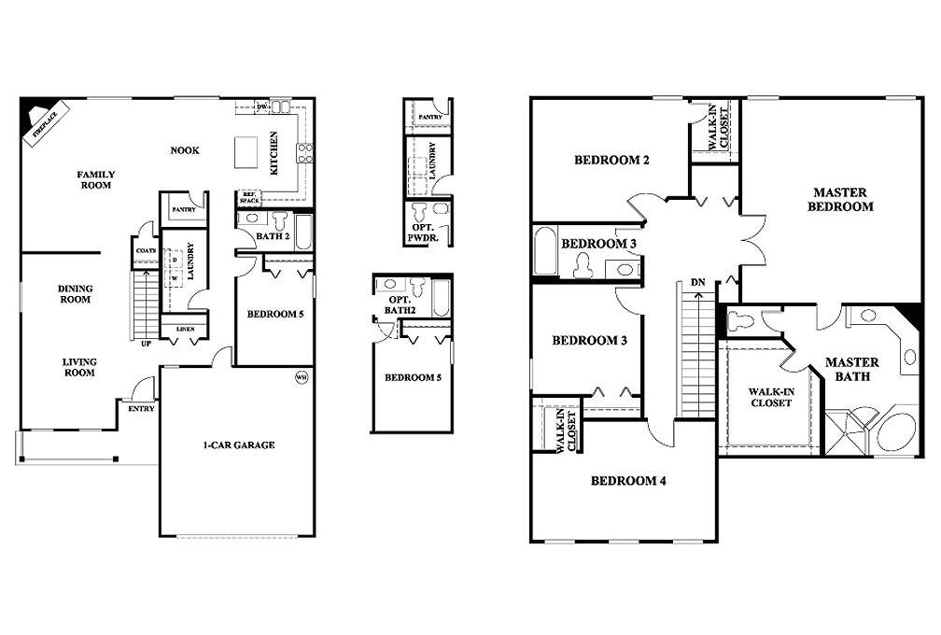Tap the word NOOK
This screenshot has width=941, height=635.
(185, 150)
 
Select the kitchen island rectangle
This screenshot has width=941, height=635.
(246, 150)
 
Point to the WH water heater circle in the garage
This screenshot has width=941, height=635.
(301, 377)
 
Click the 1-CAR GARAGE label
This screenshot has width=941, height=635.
(239, 445)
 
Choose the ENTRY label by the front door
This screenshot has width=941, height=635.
(142, 408)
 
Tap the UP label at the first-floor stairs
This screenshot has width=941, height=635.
(146, 343)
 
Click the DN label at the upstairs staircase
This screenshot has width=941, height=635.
(698, 281)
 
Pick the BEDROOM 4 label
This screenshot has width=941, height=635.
(628, 482)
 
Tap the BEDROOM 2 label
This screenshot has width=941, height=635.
(611, 160)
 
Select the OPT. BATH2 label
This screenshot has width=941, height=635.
(400, 303)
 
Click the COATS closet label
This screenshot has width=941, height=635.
(145, 250)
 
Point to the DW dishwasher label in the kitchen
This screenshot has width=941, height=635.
(262, 107)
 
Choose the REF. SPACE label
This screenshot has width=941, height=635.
(249, 198)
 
